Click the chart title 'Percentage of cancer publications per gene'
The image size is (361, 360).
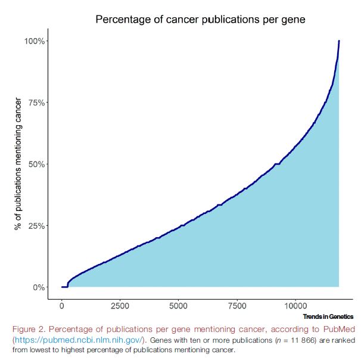click(x=200, y=20)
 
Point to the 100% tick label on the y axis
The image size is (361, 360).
click(x=34, y=41)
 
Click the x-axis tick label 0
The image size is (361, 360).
click(x=62, y=306)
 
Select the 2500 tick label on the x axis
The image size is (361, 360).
click(x=120, y=306)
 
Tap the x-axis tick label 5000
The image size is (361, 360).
click(x=179, y=306)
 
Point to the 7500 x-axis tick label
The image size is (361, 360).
click(x=237, y=306)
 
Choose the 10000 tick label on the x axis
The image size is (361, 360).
click(x=295, y=306)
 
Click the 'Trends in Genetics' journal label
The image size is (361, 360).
click(x=328, y=316)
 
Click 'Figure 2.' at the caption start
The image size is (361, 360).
click(x=30, y=330)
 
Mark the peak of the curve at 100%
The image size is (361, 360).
click(x=339, y=41)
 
